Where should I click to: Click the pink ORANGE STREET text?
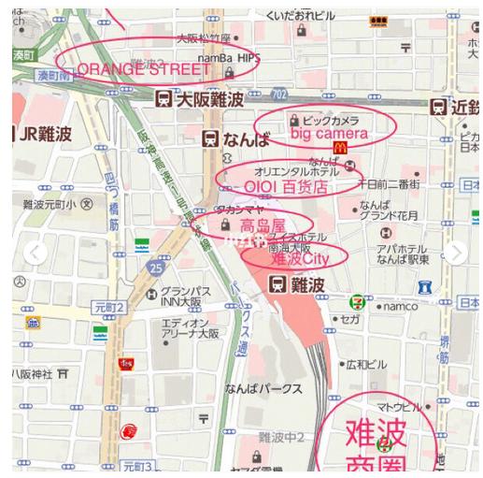pos(144,69)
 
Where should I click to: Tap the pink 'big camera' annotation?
pos(329,135)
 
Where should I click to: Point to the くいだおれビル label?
pos(299,16)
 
